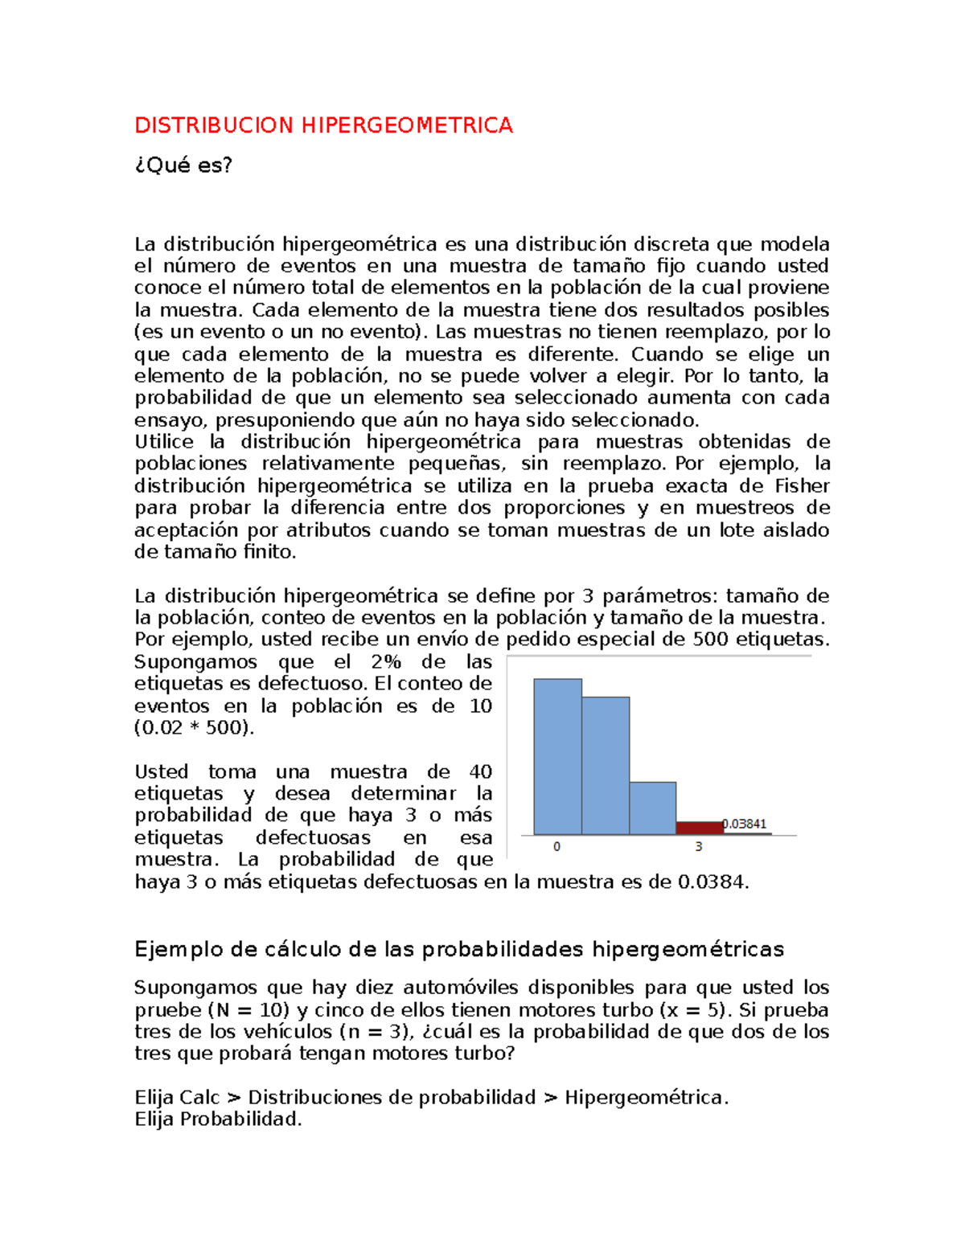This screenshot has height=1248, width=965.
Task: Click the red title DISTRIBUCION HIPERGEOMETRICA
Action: click(x=323, y=125)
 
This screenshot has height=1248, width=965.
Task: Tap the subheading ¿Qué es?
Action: click(x=183, y=165)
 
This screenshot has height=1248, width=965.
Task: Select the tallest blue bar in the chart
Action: click(x=557, y=756)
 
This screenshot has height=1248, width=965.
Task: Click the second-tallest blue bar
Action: click(x=605, y=765)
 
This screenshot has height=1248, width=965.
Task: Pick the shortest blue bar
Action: click(x=652, y=808)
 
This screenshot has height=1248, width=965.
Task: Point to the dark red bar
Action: click(x=699, y=828)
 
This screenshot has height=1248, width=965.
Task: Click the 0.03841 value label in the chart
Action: click(x=745, y=824)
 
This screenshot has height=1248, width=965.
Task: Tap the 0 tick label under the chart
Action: click(x=556, y=847)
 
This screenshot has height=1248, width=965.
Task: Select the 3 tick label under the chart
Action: click(x=699, y=847)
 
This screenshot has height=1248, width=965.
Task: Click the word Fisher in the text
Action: click(x=802, y=486)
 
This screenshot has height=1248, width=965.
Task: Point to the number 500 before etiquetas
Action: click(x=710, y=640)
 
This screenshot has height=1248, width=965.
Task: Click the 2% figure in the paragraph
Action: click(x=386, y=662)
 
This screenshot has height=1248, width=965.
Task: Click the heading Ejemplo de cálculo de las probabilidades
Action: click(x=458, y=950)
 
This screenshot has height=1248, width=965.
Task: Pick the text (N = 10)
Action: click(x=245, y=1010)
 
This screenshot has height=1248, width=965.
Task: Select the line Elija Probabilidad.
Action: click(x=218, y=1119)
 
